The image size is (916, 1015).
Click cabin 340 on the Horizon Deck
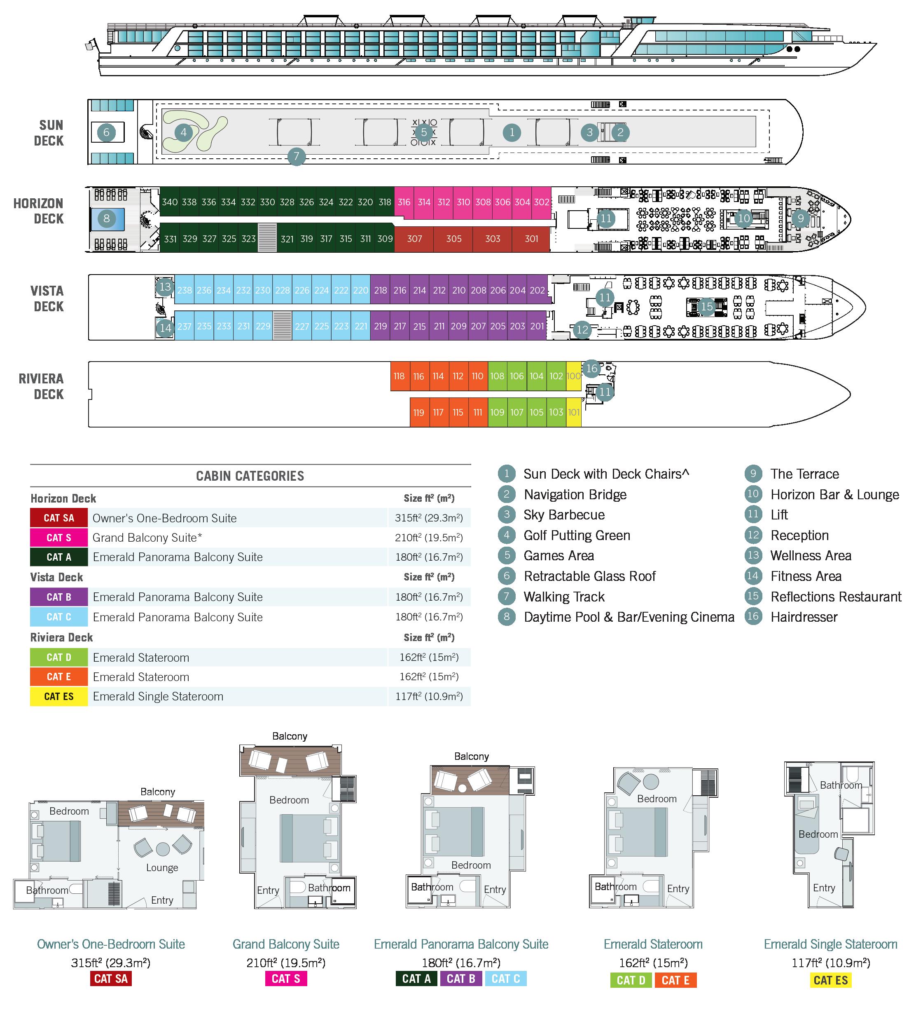(170, 202)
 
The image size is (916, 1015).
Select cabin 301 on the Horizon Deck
(531, 239)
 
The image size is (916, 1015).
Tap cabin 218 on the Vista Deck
(380, 291)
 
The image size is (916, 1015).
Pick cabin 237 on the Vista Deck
(184, 326)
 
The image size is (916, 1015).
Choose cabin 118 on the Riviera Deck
(399, 376)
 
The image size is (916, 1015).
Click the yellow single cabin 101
(573, 412)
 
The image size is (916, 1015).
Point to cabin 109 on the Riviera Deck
(497, 412)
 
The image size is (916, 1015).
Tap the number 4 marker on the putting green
(184, 132)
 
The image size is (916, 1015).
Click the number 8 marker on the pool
(107, 219)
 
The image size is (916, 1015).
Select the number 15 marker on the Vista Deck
(707, 306)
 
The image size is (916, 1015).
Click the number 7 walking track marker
(296, 156)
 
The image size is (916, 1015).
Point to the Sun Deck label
(49, 133)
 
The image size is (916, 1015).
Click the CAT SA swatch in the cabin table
(59, 518)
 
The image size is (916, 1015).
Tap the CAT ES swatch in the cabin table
(59, 696)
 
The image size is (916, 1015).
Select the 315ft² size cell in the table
(429, 518)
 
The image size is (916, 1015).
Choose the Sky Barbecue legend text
(564, 515)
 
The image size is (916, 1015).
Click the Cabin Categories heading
(250, 476)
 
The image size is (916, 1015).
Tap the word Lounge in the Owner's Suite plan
(162, 867)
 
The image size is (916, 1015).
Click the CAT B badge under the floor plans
(461, 979)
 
